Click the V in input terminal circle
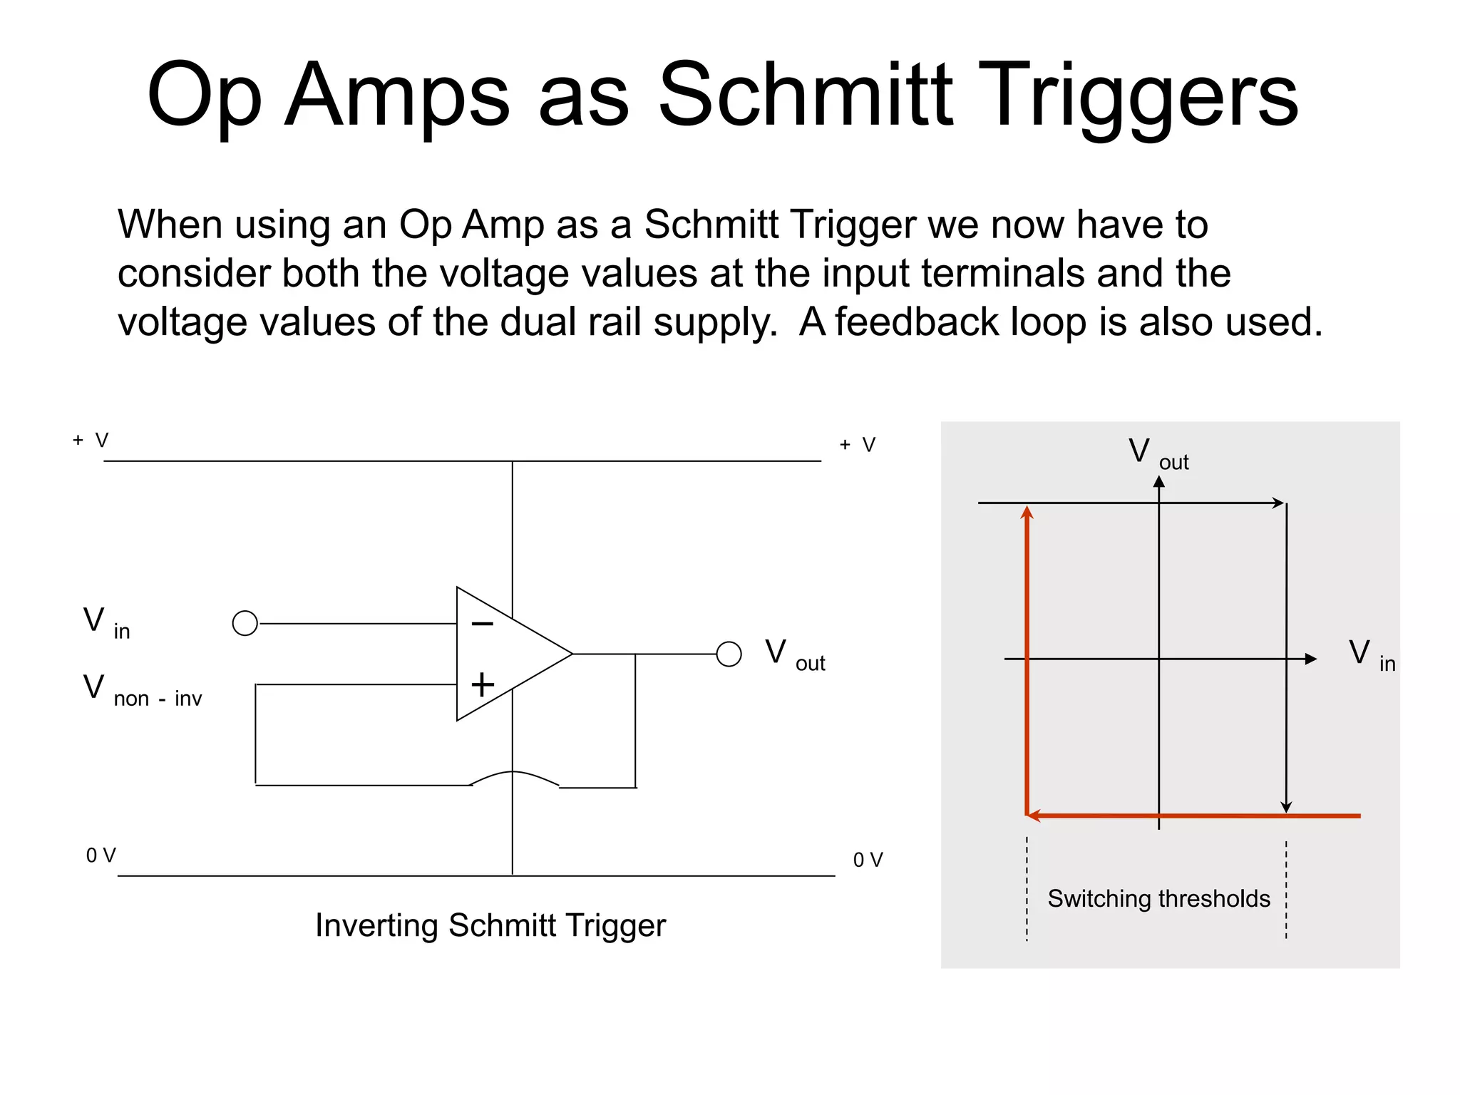[x=245, y=623]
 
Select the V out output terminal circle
[x=729, y=654]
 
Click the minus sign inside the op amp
[x=483, y=624]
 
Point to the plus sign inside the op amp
[x=483, y=684]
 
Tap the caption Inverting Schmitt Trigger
[x=490, y=925]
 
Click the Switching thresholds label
[x=1158, y=898]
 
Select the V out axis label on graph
[x=1158, y=453]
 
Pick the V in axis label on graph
[x=1372, y=655]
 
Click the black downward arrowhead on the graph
[x=1286, y=807]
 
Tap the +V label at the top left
[x=91, y=440]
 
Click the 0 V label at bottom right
[x=868, y=860]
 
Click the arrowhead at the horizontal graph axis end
[x=1310, y=659]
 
